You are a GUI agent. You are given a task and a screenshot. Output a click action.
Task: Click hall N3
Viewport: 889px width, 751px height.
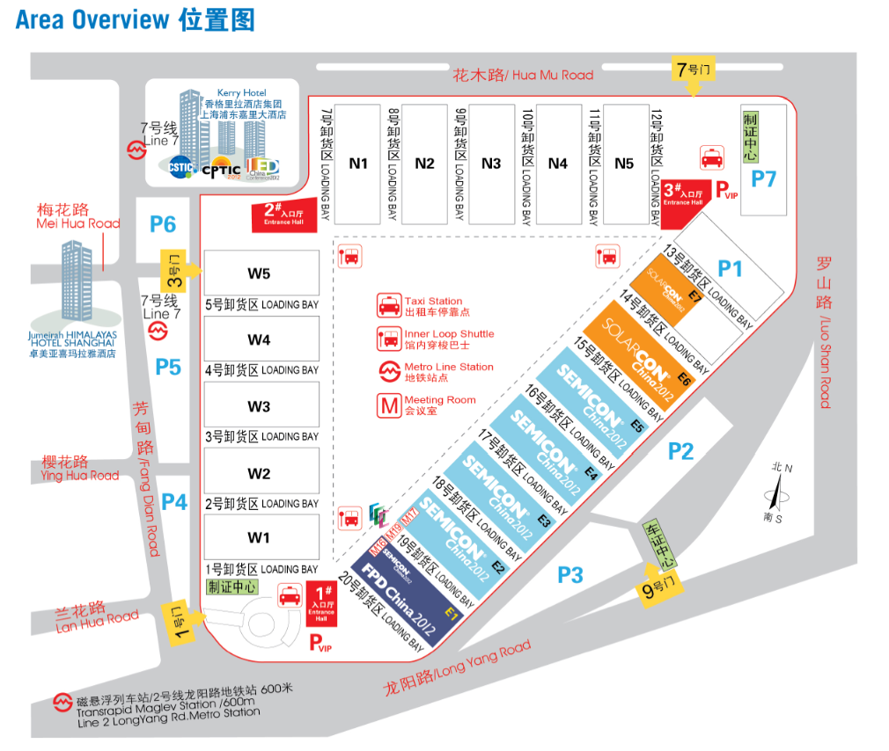[491, 163]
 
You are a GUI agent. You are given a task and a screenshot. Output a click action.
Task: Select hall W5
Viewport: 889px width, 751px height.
[260, 273]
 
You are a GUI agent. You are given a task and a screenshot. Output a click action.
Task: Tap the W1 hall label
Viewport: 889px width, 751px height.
[260, 537]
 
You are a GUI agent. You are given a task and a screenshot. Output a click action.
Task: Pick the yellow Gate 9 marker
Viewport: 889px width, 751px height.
[661, 590]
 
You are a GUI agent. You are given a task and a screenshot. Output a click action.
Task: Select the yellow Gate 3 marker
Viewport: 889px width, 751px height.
[175, 270]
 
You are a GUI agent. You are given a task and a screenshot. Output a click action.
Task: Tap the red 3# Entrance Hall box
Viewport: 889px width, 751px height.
[683, 194]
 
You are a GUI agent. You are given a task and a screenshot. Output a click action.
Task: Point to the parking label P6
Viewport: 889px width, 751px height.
[163, 224]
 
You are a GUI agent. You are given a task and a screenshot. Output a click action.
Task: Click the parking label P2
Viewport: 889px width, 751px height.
[680, 452]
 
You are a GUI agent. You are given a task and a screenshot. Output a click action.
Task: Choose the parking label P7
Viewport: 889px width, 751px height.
[763, 179]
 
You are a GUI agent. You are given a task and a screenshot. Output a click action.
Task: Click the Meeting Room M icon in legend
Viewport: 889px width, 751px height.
[388, 405]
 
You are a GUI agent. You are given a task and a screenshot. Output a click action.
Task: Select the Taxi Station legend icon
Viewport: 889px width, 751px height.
[388, 306]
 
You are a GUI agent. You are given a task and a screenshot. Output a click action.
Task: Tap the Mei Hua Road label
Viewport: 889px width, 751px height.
[77, 216]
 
